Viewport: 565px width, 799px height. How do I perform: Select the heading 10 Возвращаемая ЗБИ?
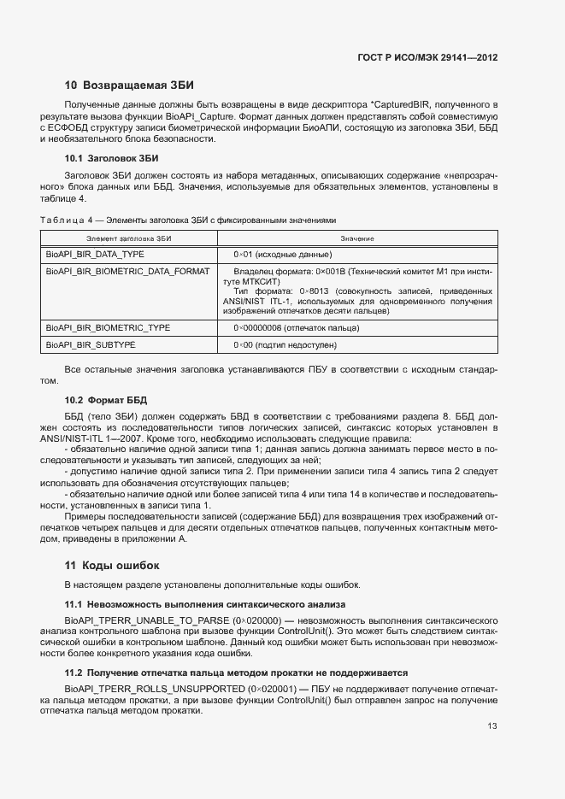(129, 85)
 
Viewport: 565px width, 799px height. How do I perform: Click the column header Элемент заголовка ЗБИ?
(129, 238)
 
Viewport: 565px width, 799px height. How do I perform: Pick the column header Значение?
(356, 238)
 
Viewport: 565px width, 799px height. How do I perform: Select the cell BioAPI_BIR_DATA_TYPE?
(95, 255)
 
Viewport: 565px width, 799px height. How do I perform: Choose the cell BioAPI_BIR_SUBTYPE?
(91, 345)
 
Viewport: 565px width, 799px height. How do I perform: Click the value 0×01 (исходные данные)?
(282, 255)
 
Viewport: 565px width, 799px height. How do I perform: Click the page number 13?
(492, 727)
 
